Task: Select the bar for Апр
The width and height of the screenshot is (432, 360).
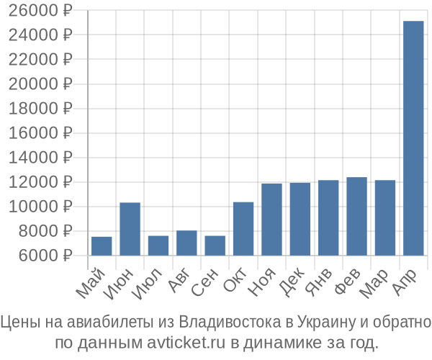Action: pos(413,138)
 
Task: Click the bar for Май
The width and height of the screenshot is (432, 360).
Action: pos(102,246)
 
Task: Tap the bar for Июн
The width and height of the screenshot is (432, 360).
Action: pos(130,229)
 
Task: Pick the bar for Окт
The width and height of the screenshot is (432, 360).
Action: pos(243,228)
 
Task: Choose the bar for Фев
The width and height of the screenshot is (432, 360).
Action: pos(356,216)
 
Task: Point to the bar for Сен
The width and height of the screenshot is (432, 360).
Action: pos(215,246)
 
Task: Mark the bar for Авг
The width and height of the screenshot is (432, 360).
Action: pos(186,243)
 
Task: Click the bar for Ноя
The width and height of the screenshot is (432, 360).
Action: pos(271,219)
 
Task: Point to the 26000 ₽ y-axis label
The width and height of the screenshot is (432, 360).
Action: pos(42,11)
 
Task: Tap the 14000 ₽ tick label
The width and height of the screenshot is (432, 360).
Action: pos(42,158)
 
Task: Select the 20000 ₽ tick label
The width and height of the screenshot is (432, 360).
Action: pos(42,84)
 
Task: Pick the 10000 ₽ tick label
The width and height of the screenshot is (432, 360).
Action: pos(42,207)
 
